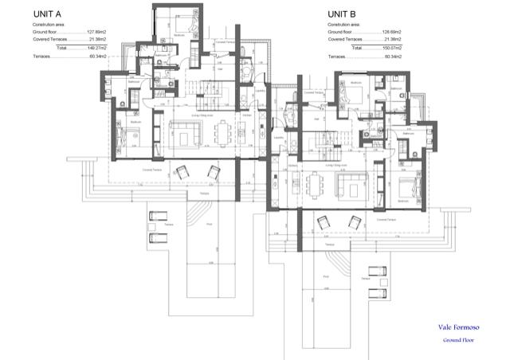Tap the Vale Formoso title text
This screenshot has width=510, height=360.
tap(458, 327)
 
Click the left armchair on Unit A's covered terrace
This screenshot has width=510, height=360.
tap(181, 171)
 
